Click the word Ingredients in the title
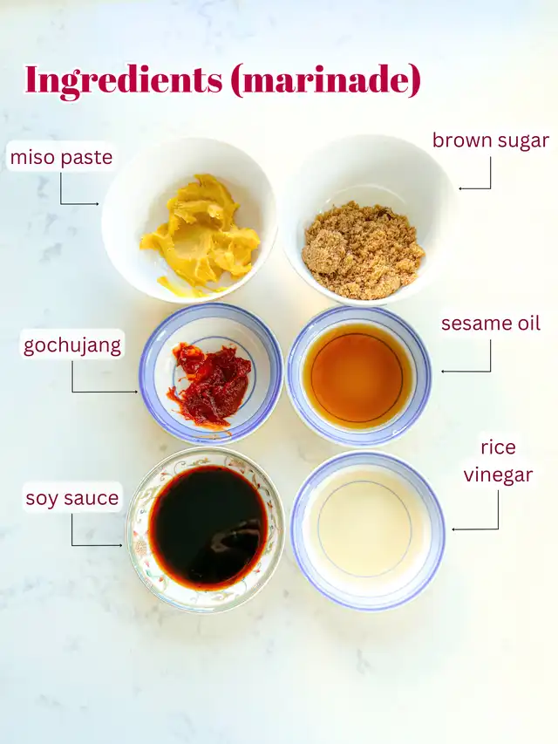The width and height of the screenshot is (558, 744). (123, 80)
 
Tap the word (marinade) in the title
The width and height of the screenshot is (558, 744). (326, 79)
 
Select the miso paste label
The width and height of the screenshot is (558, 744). (61, 157)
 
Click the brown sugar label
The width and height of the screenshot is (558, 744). (491, 141)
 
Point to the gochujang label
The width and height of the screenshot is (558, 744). (72, 345)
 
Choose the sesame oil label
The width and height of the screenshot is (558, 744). (491, 323)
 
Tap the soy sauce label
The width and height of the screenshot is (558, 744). (72, 498)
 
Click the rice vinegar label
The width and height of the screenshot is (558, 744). (498, 461)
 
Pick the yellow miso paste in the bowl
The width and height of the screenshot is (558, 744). (200, 234)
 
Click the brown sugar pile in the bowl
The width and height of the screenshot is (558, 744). (363, 250)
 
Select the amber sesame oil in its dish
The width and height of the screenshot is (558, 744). (357, 375)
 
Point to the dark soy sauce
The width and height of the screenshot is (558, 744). (208, 527)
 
